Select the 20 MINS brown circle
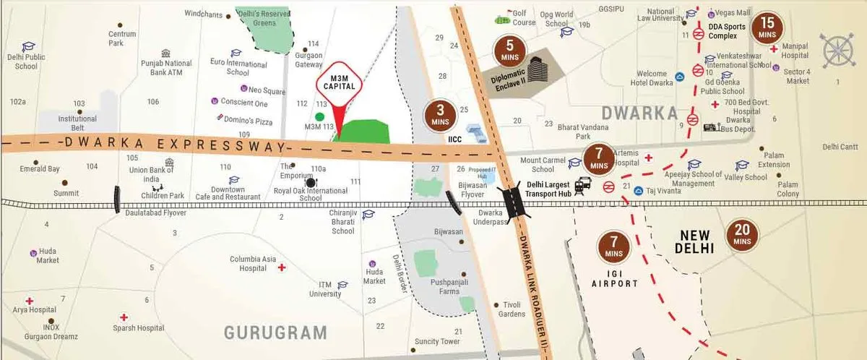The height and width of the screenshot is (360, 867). [x=743, y=235]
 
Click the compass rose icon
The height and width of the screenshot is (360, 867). [x=837, y=50]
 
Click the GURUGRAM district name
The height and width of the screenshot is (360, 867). [x=275, y=333]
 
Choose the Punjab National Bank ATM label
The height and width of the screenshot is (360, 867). [x=167, y=67]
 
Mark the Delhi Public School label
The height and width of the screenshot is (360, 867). [x=26, y=61]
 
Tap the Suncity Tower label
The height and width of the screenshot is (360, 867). [x=437, y=341]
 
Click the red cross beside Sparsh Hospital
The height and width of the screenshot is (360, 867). [x=124, y=317]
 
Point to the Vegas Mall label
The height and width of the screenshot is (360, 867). [x=735, y=13]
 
